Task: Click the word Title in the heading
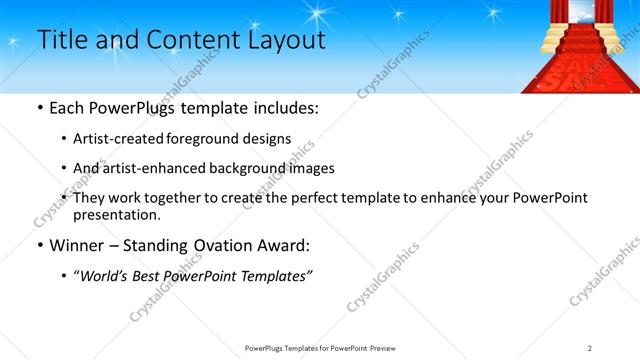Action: click(x=59, y=40)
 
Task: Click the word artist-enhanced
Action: click(x=149, y=168)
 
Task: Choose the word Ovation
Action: click(x=218, y=246)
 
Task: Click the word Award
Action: click(x=283, y=246)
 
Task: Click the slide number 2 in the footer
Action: click(x=590, y=347)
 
